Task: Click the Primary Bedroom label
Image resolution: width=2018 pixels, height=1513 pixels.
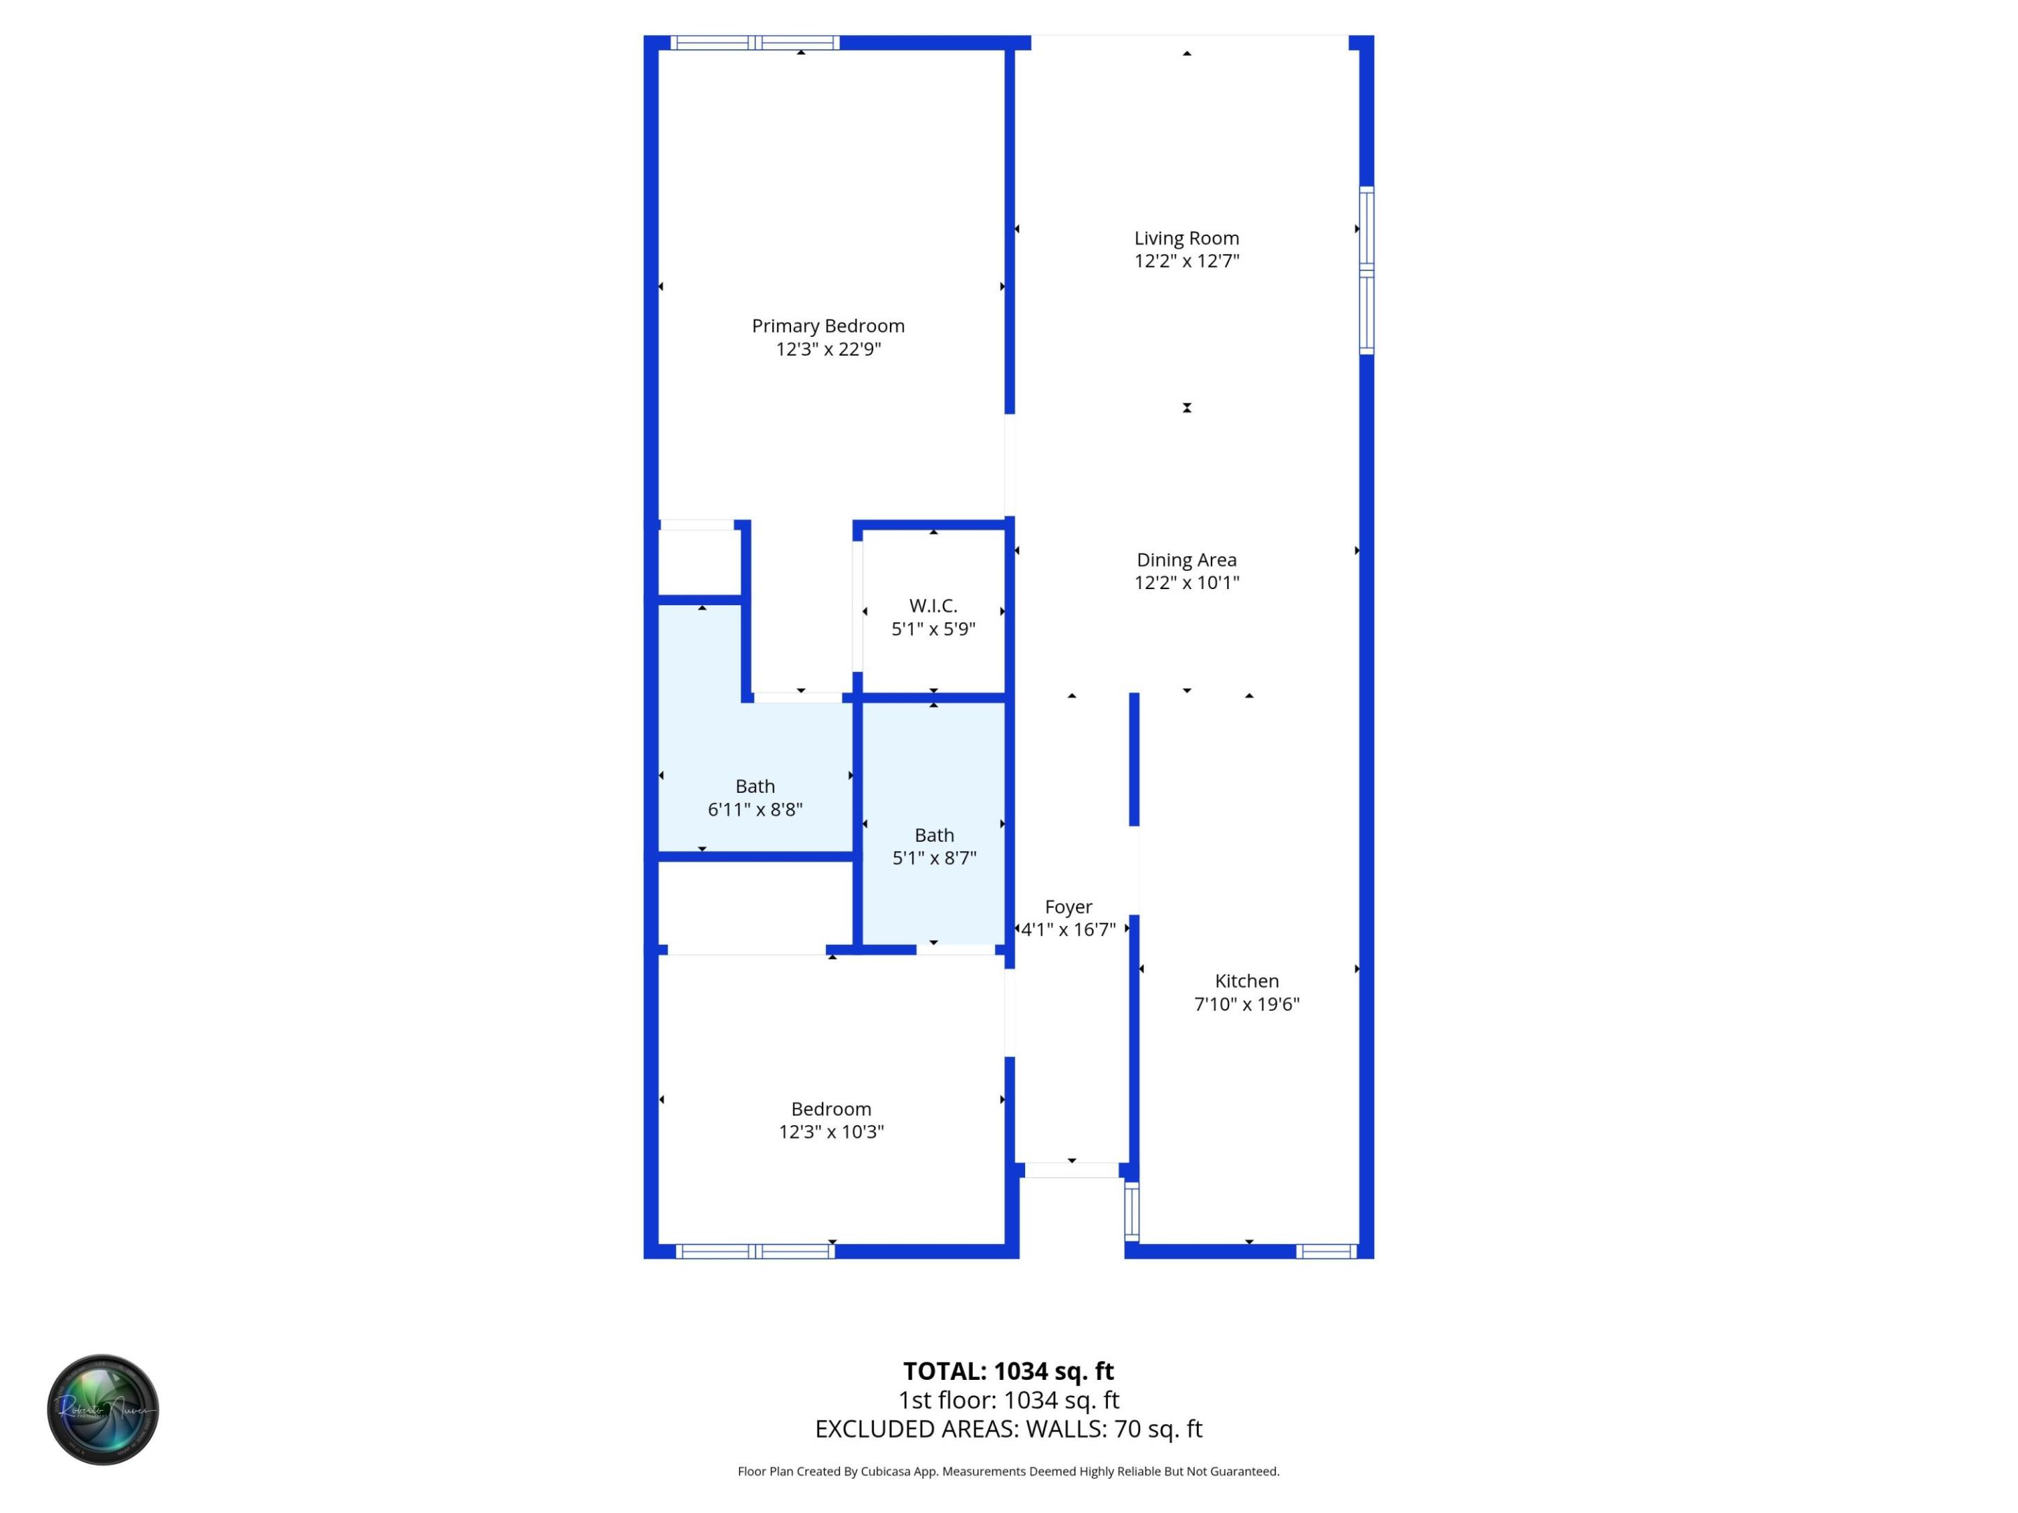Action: (x=828, y=326)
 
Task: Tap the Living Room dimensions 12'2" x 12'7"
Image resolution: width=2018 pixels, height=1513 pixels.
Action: (x=1186, y=261)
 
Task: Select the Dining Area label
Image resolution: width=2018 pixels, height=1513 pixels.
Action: (x=1186, y=560)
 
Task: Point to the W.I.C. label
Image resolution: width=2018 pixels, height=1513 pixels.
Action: (x=933, y=606)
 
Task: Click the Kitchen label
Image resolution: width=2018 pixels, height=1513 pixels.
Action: (x=1247, y=981)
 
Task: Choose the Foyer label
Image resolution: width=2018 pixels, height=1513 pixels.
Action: (x=1069, y=906)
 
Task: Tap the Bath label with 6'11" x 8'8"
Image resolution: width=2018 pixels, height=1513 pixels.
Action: (x=755, y=786)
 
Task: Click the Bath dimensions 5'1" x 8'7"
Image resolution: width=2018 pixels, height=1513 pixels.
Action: (x=933, y=857)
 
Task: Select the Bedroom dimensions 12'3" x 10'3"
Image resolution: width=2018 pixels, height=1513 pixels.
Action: (x=830, y=1132)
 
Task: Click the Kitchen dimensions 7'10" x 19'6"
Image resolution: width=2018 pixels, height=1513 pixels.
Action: (x=1247, y=1004)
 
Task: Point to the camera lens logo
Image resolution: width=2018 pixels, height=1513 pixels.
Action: (x=103, y=1409)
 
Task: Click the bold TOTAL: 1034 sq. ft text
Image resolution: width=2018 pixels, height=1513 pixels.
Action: (x=1008, y=1371)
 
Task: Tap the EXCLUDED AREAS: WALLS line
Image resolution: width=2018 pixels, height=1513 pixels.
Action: (x=1008, y=1429)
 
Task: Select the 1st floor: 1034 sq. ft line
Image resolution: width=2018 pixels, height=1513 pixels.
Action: (x=1008, y=1400)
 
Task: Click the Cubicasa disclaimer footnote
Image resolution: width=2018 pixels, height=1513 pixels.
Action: (x=1008, y=1471)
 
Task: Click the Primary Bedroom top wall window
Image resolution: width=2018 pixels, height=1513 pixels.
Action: (x=755, y=43)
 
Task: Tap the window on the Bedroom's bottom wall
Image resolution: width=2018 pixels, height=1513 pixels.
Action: (x=755, y=1251)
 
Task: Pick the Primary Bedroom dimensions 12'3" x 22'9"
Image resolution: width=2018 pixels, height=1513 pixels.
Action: (x=828, y=350)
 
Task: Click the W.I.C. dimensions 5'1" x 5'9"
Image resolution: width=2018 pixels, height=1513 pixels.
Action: (x=933, y=628)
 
